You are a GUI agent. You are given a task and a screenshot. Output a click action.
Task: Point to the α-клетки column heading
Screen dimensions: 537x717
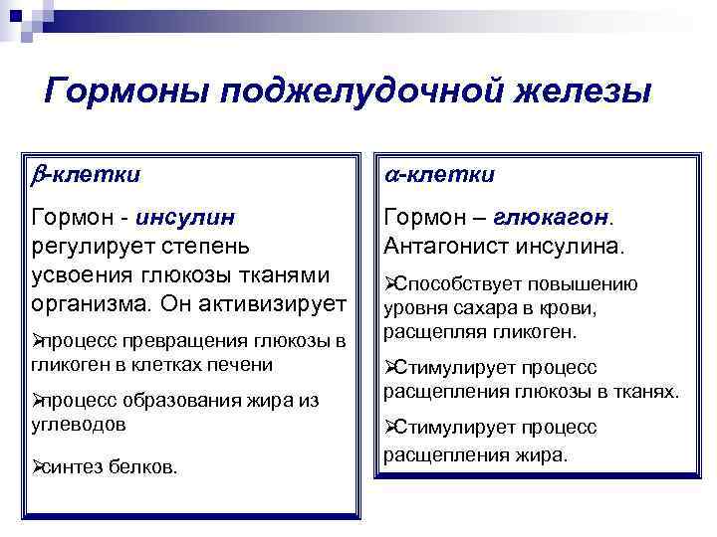[x=439, y=175]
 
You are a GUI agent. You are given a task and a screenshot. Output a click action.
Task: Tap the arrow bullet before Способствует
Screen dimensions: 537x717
[x=390, y=283]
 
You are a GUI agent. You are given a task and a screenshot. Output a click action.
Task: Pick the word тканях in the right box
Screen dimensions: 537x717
[x=647, y=391]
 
